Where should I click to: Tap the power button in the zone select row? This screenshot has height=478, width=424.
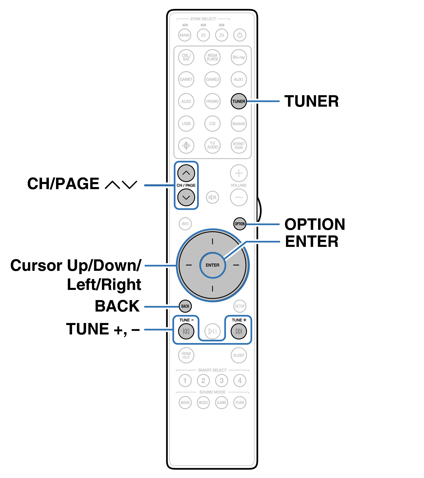(240, 35)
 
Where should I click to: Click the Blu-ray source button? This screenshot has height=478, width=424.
(239, 57)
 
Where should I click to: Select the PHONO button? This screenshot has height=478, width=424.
(212, 101)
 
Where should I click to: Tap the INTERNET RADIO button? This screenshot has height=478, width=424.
(239, 146)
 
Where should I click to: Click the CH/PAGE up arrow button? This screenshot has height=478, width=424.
(186, 173)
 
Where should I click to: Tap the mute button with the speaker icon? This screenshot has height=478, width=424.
(212, 197)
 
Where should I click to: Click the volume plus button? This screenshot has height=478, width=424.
(239, 173)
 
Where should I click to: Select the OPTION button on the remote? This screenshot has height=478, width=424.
(240, 224)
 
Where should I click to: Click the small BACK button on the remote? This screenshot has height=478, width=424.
(185, 306)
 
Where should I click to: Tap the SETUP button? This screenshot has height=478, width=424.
(240, 306)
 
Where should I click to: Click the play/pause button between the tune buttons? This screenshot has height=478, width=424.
(212, 331)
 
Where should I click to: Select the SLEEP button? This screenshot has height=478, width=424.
(239, 355)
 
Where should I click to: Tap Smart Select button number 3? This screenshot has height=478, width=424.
(222, 381)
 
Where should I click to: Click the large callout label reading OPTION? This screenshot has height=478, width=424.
(315, 224)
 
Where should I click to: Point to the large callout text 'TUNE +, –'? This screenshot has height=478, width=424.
(103, 329)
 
